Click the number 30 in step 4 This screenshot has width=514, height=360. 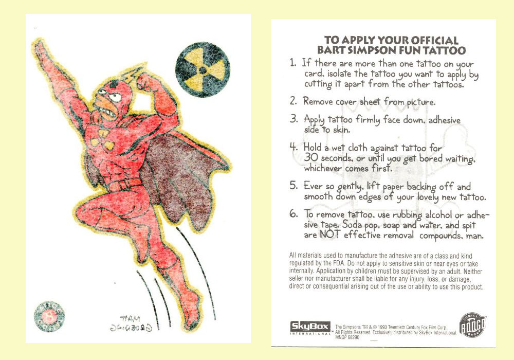pyautogui.click(x=313, y=158)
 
